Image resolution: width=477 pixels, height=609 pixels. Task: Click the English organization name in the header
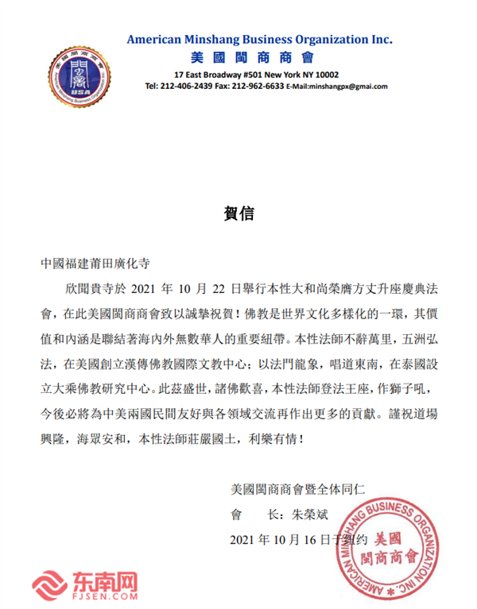[x=260, y=39]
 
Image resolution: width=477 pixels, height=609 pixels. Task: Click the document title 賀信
[x=238, y=214]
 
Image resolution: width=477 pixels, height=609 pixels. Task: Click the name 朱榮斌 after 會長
[x=309, y=514]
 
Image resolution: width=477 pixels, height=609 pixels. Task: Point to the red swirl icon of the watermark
[x=46, y=587]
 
